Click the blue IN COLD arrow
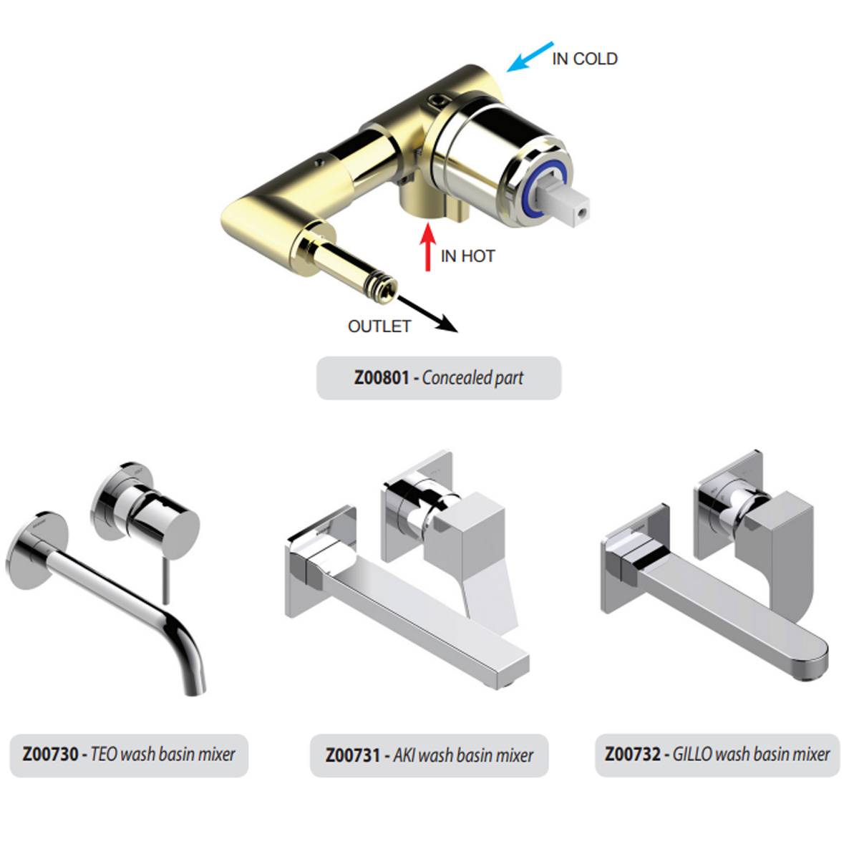click(x=530, y=57)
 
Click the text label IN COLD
click(x=584, y=59)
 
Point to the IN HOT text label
click(x=467, y=256)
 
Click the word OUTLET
click(x=379, y=326)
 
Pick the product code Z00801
click(x=382, y=377)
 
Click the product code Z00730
click(x=50, y=754)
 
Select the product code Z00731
click(x=353, y=755)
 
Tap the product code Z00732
click(x=632, y=754)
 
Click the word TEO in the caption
click(x=104, y=754)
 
